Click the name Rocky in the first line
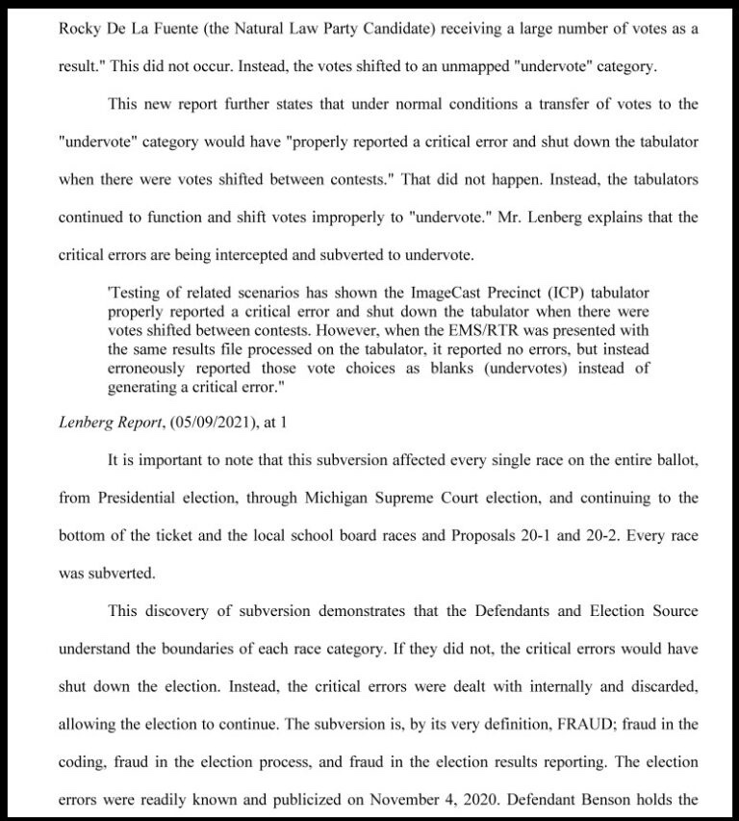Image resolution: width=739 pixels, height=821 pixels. point(81,29)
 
